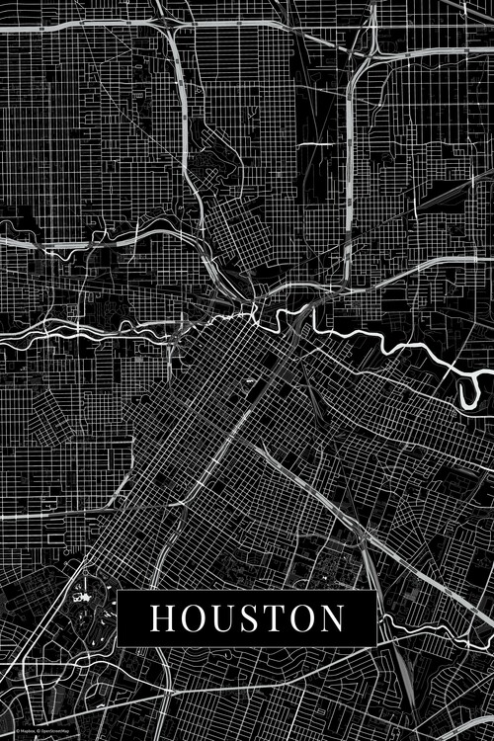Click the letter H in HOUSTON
coord(162,617)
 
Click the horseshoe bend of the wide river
coord(470,390)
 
